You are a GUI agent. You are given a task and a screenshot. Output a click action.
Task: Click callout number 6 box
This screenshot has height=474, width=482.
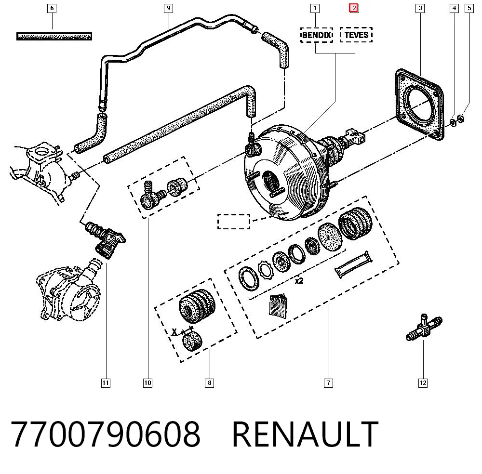click(52, 8)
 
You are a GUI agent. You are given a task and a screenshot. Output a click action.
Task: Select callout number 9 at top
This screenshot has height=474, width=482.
click(168, 8)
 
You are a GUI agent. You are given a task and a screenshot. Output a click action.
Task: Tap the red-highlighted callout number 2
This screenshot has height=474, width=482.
click(354, 8)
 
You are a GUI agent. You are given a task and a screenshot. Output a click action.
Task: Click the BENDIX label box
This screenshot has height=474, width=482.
click(317, 35)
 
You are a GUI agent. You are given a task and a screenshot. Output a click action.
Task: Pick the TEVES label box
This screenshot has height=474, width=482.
click(357, 35)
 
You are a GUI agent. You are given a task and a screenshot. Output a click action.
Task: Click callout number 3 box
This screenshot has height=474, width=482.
click(420, 8)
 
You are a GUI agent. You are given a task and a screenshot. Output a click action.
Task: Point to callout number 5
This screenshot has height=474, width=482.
click(469, 8)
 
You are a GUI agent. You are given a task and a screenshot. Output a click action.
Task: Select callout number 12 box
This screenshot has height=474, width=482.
click(423, 382)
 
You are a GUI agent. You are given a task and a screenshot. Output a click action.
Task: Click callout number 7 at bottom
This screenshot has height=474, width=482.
click(328, 383)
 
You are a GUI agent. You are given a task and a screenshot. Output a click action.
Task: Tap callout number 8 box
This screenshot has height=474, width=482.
click(209, 383)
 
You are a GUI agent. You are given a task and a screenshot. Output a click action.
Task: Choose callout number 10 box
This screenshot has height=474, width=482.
click(147, 383)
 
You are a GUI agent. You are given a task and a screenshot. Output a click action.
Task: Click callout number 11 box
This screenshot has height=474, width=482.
click(106, 383)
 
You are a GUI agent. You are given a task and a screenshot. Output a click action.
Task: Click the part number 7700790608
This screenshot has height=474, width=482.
click(106, 434)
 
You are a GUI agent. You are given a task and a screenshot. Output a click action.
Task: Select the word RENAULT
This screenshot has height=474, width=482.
click(305, 434)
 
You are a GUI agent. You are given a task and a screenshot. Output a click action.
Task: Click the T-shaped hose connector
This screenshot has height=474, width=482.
click(424, 328)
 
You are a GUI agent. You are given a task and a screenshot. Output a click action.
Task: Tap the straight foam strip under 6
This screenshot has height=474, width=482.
click(54, 36)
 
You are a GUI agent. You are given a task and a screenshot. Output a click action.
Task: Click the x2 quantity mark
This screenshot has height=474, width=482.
click(299, 281)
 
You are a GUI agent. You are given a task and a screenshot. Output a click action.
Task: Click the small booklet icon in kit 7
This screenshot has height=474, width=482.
click(278, 305)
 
